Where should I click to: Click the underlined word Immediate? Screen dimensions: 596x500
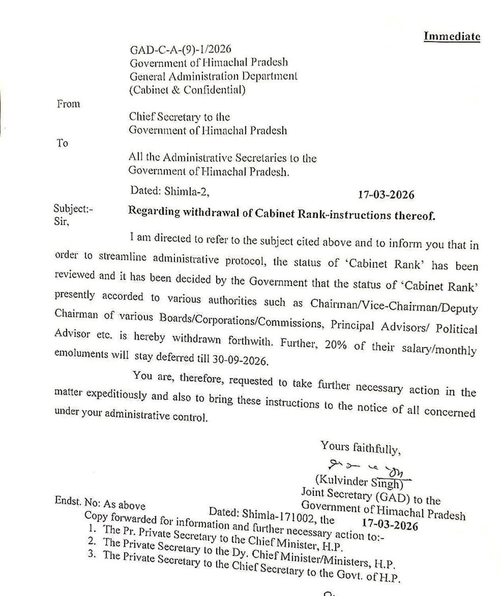coord(452,36)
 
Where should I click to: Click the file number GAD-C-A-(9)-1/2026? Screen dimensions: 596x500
coord(181,49)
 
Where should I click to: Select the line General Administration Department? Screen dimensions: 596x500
coord(213,76)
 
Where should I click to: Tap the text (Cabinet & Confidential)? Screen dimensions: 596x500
coord(187,89)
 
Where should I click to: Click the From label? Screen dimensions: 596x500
coord(69,104)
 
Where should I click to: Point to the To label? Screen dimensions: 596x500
coord(62,143)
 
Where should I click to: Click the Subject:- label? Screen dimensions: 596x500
coord(73,209)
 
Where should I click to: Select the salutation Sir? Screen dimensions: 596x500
coord(62,222)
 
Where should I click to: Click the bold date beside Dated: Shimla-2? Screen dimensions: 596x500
coord(386,195)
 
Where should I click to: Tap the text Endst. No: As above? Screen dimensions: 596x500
coord(100,503)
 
